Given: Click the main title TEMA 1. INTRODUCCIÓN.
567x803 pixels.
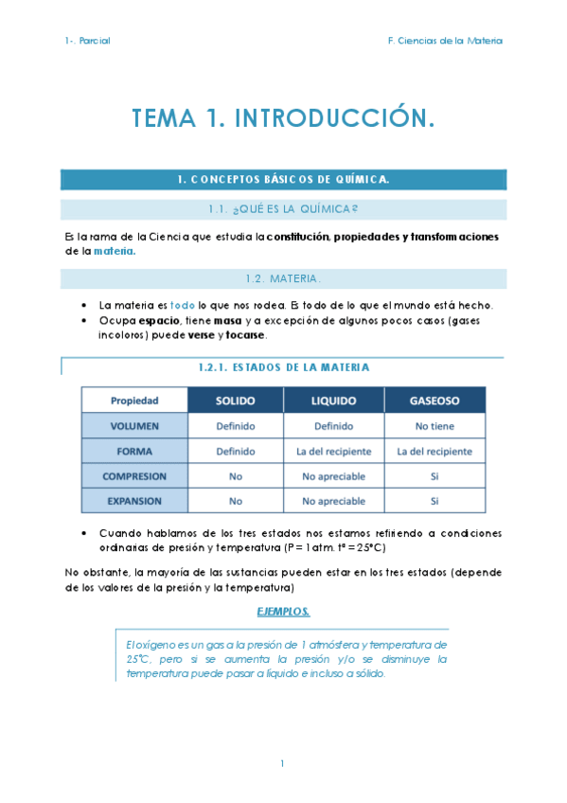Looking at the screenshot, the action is click(283, 118).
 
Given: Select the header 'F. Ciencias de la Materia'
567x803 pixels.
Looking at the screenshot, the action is click(445, 41).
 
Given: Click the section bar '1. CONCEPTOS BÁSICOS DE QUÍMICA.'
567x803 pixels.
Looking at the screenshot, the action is click(283, 179).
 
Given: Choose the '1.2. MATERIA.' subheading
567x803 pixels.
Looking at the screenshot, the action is click(283, 278).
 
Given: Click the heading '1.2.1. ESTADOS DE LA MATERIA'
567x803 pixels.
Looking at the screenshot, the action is click(283, 366).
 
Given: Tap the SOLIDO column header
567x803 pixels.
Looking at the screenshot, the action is click(236, 401).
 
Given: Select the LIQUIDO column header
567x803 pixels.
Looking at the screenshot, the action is click(333, 401).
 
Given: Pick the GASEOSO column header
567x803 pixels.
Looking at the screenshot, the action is click(434, 401).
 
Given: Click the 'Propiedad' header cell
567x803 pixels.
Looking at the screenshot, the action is click(134, 401).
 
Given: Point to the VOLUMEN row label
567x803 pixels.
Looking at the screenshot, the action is click(134, 426).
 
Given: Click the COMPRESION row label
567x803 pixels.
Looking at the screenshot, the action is click(134, 476).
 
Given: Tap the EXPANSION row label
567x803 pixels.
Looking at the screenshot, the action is click(134, 501).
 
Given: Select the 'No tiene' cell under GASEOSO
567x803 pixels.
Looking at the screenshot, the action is click(434, 426).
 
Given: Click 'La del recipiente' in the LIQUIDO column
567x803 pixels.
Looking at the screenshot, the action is click(333, 452).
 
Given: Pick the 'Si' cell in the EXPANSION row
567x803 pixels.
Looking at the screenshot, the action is click(434, 501).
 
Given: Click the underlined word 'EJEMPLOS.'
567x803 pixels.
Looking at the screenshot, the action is click(283, 611).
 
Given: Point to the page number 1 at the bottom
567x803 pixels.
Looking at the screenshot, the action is click(282, 762).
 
